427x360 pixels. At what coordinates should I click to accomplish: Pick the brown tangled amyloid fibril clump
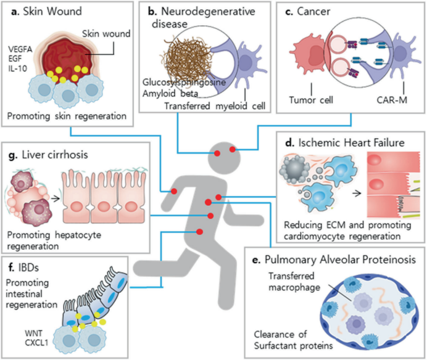(180, 58)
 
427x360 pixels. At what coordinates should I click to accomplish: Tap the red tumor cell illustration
(306, 57)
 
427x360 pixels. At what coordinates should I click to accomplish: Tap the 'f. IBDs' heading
(28, 269)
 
